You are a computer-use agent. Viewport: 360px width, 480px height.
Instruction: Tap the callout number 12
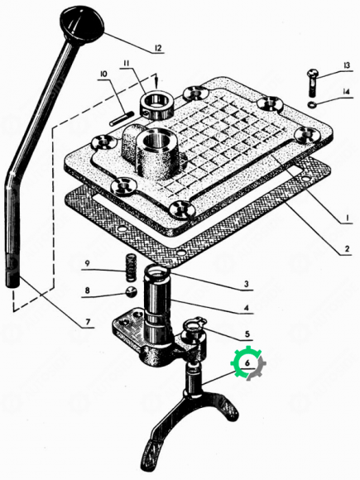[x=157, y=48]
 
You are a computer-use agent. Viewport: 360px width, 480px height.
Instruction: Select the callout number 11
[x=126, y=64]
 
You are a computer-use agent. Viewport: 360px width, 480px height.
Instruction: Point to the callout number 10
[x=103, y=74]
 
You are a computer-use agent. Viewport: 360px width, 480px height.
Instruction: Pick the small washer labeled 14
[x=313, y=104]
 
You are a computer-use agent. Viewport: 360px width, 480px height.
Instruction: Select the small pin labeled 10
[x=122, y=119]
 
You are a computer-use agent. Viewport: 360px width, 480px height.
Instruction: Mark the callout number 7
[x=88, y=322]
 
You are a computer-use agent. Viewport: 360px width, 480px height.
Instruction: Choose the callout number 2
[x=347, y=248]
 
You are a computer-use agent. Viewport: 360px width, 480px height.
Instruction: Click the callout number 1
[x=347, y=218]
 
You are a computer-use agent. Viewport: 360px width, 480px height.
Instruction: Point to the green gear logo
[x=248, y=363]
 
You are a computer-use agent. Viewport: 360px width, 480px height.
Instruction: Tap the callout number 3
[x=247, y=284]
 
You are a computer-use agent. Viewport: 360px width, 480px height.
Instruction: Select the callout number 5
[x=247, y=334]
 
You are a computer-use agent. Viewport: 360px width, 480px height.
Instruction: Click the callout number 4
[x=247, y=308]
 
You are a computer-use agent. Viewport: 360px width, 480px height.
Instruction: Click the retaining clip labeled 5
[x=195, y=324]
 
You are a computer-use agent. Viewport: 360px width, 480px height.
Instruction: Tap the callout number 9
[x=87, y=263]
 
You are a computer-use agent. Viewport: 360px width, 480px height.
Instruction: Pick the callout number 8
[x=87, y=290]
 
